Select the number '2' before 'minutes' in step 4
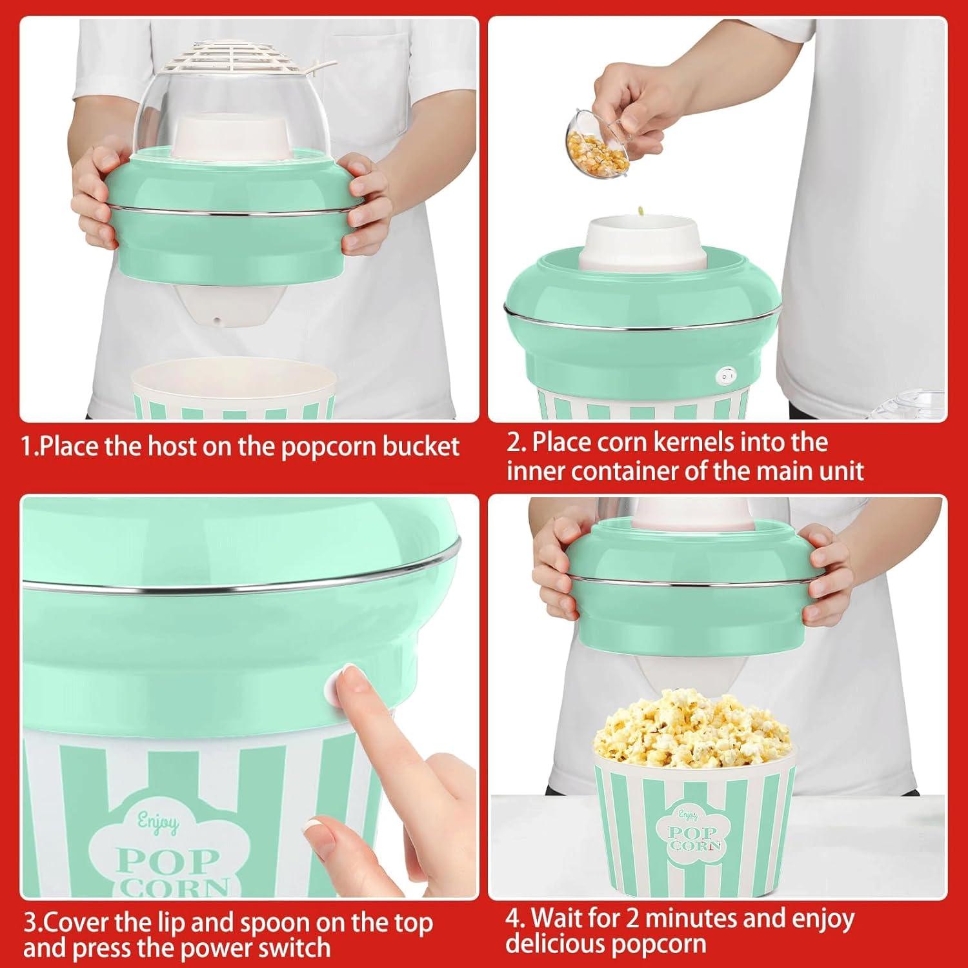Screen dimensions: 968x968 (634, 918)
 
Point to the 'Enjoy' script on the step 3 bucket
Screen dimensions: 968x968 (158, 823)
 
